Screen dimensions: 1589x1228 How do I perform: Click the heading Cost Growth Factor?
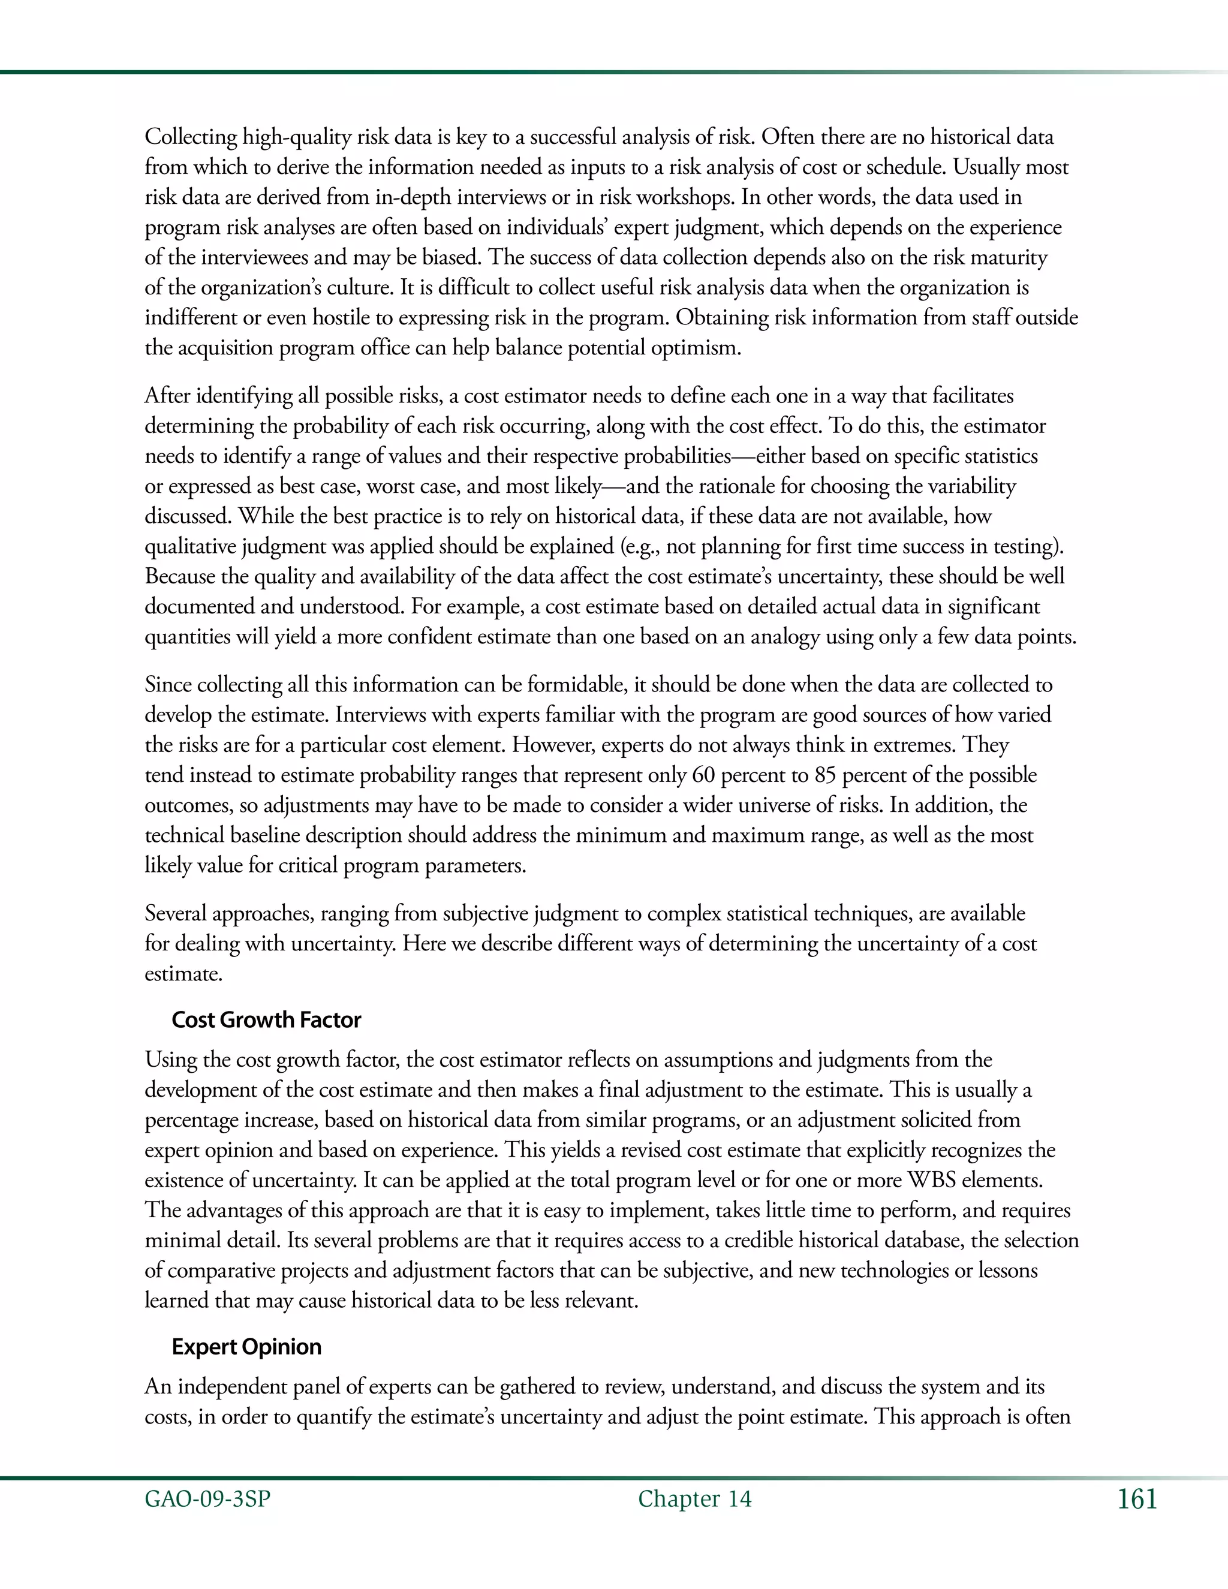[266, 1019]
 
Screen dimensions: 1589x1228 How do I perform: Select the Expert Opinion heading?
[246, 1347]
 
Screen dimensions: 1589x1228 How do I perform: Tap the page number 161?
[1137, 1500]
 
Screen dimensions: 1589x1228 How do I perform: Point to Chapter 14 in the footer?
[695, 1500]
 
